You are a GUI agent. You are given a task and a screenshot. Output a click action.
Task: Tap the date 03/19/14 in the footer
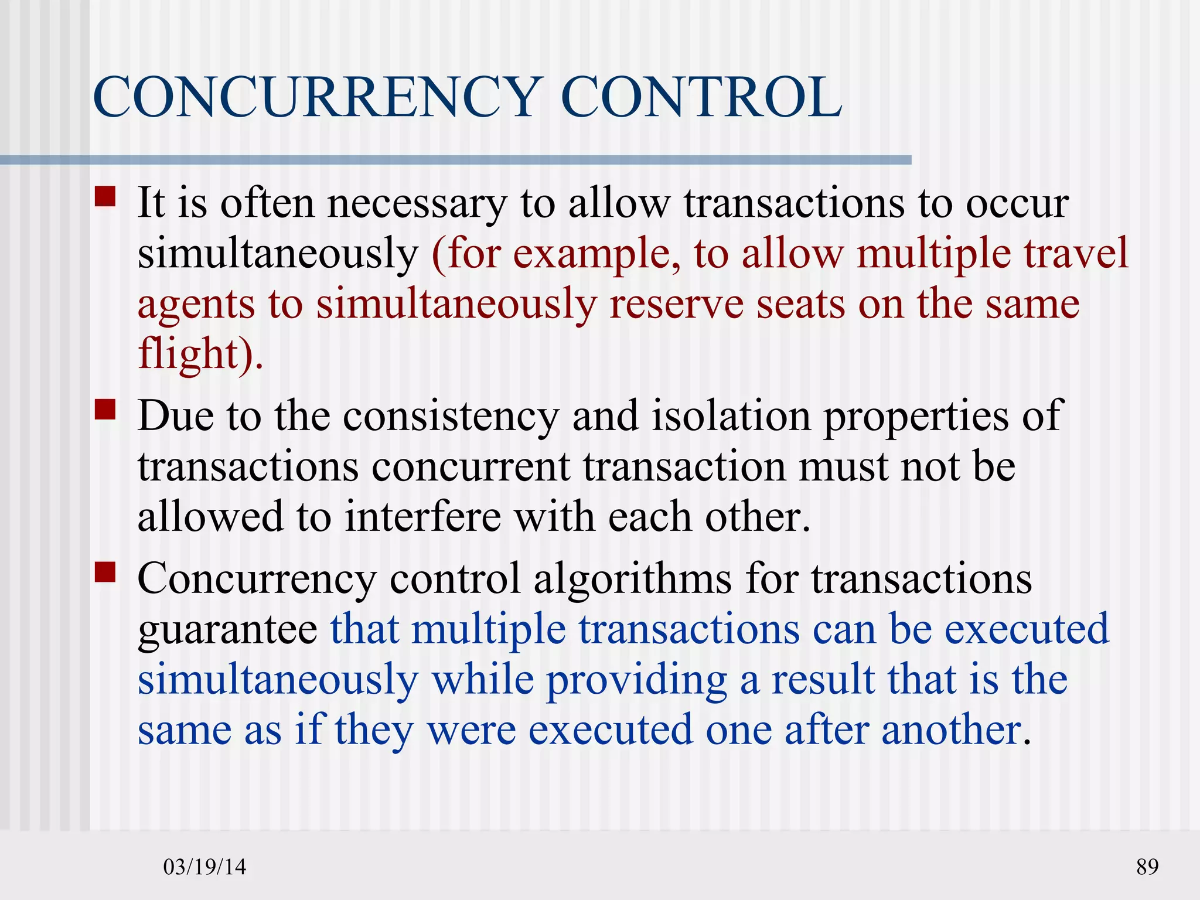coord(204,867)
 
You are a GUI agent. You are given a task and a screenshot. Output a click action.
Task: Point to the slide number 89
coord(1147,867)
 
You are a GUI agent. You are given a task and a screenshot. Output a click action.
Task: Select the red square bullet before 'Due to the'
coord(105,410)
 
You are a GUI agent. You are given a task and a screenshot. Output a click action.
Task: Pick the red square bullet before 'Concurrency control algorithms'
coord(105,572)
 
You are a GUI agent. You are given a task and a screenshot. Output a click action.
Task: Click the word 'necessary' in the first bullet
coord(417,204)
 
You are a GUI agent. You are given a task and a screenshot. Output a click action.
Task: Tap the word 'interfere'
coord(422,517)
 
